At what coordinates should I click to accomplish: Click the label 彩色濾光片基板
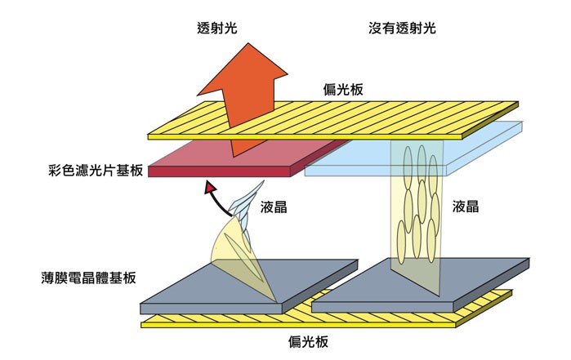tap(96, 171)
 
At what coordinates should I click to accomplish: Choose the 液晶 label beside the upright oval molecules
tap(465, 207)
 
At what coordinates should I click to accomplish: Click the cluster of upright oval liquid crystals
tap(417, 208)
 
